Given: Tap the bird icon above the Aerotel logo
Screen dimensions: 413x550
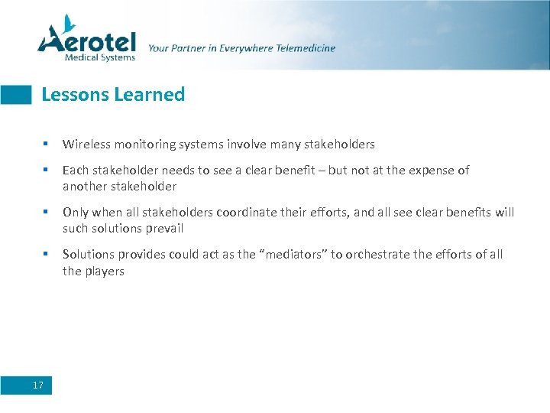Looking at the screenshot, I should [x=69, y=21].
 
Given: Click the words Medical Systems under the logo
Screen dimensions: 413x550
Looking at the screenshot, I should [x=100, y=57].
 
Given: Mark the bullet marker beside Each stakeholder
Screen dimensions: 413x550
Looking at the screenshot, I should [x=46, y=170].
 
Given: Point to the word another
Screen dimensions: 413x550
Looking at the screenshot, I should [x=86, y=187].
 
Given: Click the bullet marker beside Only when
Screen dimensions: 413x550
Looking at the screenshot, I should [x=46, y=212].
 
